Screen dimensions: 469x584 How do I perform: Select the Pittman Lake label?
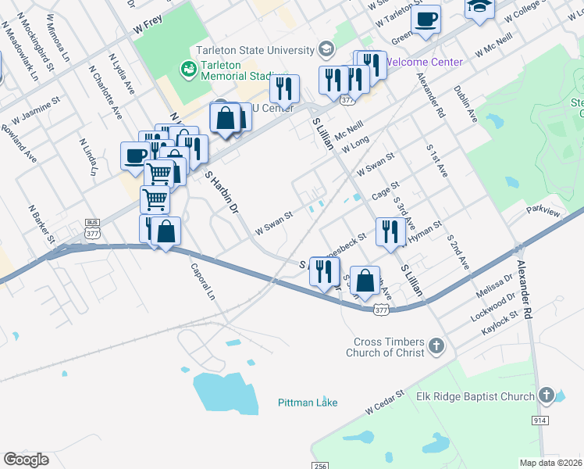(x=308, y=403)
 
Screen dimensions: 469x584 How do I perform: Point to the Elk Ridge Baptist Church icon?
(x=547, y=396)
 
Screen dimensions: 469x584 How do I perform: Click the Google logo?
(x=27, y=459)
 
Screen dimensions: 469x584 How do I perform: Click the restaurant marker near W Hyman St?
(x=388, y=231)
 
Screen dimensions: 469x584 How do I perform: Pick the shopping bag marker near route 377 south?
(x=365, y=280)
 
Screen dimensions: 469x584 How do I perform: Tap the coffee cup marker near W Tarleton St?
(x=426, y=18)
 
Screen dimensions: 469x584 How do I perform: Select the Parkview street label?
(x=543, y=211)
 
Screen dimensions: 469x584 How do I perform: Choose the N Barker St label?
(x=41, y=222)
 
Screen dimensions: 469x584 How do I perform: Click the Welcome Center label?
(x=425, y=62)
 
